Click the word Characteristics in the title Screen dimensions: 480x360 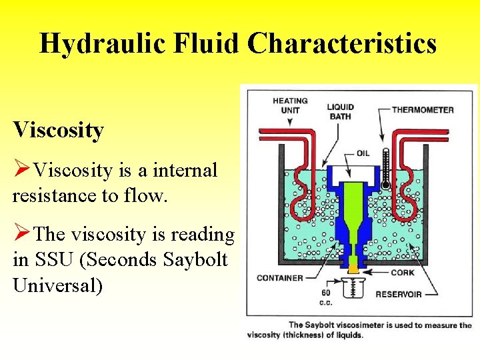pos(342,44)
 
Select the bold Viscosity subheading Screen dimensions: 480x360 pos(59,130)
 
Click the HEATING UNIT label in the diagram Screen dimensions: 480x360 pos(289,105)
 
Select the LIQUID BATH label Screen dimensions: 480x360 pos(340,111)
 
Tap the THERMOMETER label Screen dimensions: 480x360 pos(422,110)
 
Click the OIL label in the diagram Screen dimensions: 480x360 pos(362,153)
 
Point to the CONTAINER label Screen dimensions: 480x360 pos(279,277)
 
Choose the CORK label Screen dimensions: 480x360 pos(403,272)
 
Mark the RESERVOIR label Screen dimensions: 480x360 pos(399,294)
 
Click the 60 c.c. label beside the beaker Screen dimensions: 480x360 pos(325,297)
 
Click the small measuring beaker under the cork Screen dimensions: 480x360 pos(353,287)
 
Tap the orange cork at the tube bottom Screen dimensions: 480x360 pos(353,268)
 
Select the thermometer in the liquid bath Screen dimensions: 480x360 pos(385,166)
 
